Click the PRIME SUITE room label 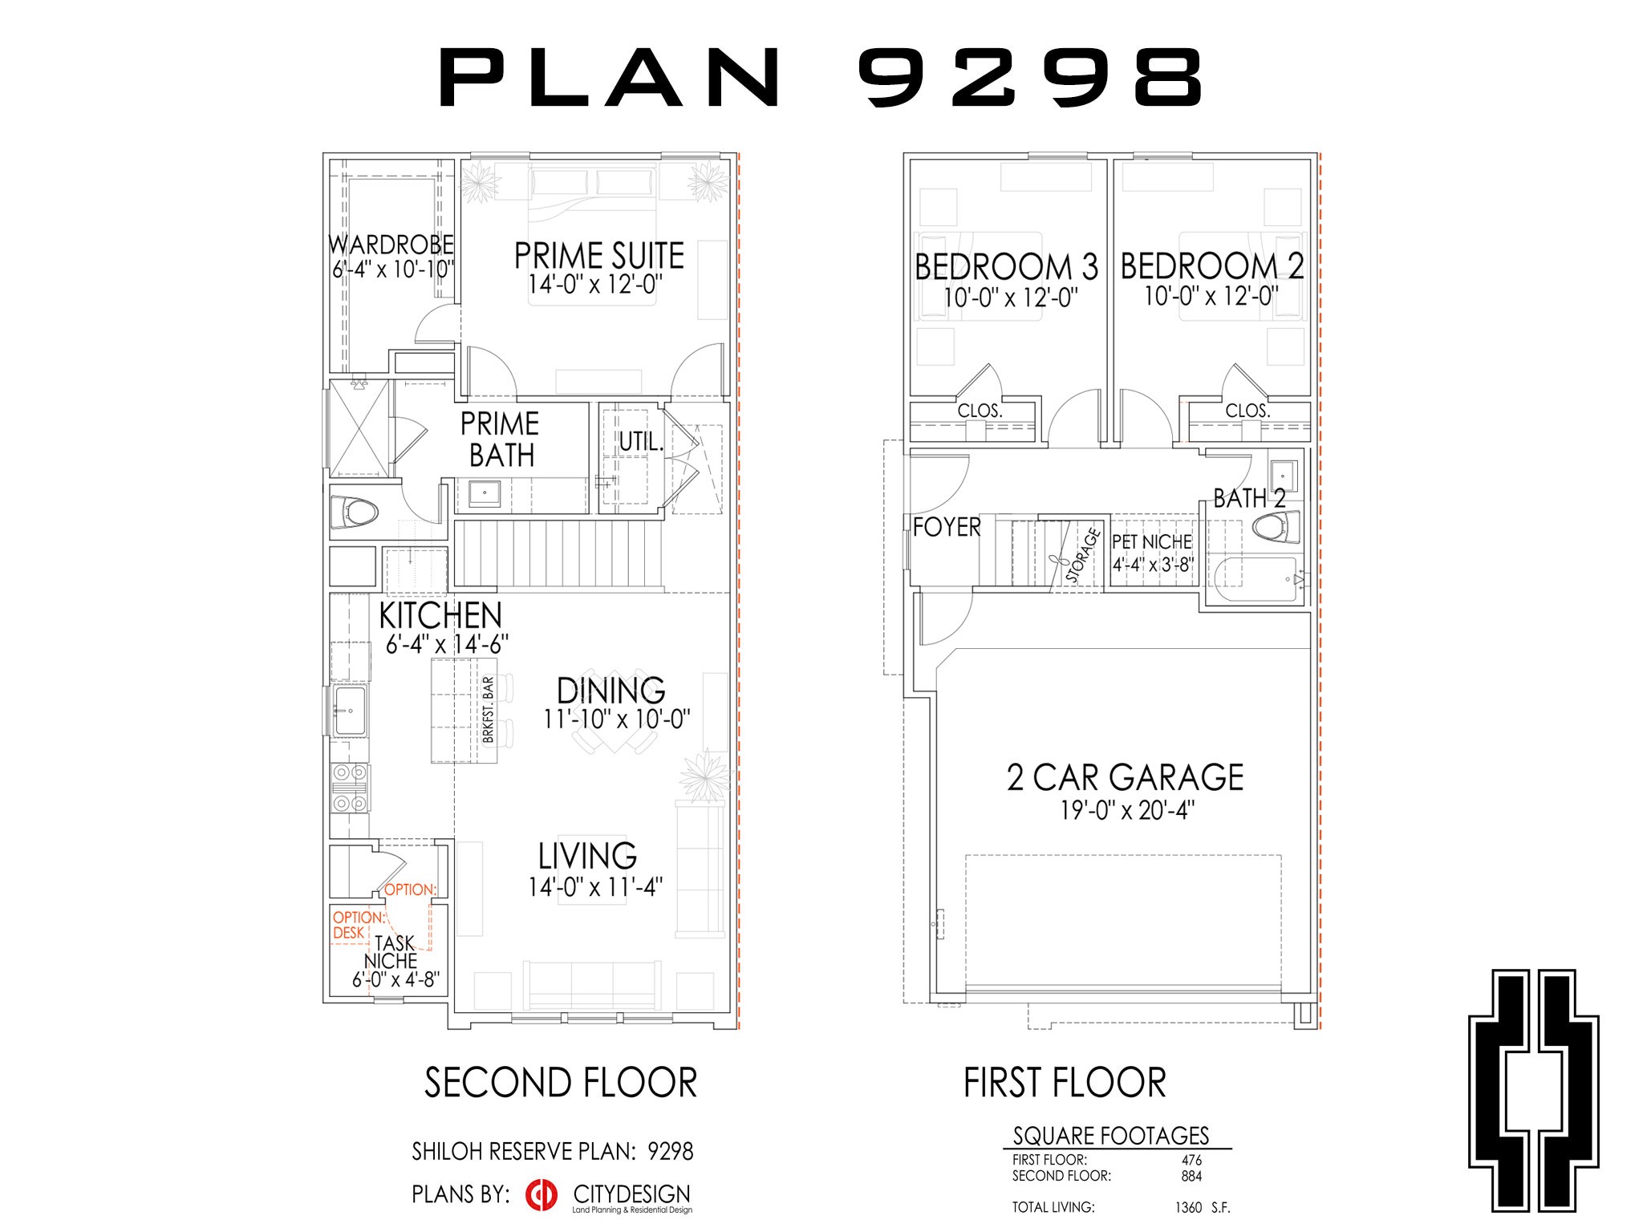[598, 256]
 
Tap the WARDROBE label [391, 245]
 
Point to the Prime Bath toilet [354, 513]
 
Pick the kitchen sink [350, 711]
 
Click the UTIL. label [640, 441]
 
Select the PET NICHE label [1151, 542]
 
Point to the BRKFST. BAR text [488, 710]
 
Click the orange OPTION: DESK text [358, 925]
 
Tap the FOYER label [947, 527]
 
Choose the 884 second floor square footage [1191, 1176]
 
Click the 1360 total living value [1187, 1207]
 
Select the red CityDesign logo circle [542, 1194]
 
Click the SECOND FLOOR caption [560, 1083]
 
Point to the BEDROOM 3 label [1006, 267]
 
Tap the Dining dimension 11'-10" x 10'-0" [616, 719]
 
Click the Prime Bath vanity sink [485, 492]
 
